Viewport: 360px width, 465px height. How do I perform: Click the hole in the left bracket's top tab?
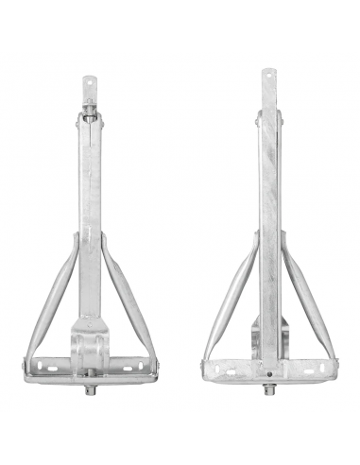[x=90, y=81]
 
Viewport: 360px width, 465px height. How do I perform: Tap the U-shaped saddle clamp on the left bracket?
[x=91, y=340]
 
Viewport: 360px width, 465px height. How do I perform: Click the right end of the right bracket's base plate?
[x=333, y=367]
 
